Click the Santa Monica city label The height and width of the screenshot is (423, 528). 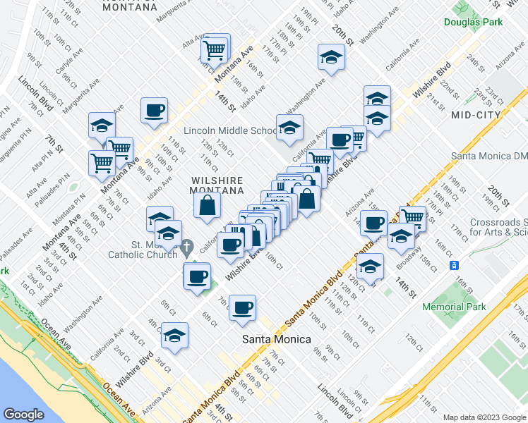[276, 339]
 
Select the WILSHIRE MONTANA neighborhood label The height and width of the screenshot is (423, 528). [217, 185]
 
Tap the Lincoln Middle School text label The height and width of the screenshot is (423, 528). [230, 130]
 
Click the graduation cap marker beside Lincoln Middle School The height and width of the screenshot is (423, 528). [289, 128]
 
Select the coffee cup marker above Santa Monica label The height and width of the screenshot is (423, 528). [242, 307]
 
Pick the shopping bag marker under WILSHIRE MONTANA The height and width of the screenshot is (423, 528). [208, 205]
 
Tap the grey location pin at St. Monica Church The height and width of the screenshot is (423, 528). [187, 247]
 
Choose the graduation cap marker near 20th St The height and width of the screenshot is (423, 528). [330, 57]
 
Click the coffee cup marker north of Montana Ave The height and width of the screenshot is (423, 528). [154, 110]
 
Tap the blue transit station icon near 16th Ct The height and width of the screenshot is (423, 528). [455, 265]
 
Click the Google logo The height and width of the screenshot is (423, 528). [24, 414]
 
